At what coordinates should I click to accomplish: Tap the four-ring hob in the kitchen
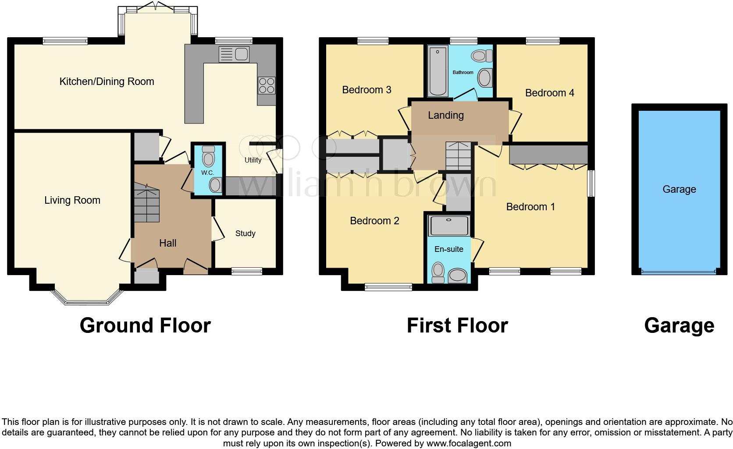tap(267, 85)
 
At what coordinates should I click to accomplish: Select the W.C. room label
tap(208, 173)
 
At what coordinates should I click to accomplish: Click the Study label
tap(245, 233)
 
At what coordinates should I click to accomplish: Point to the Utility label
tap(253, 160)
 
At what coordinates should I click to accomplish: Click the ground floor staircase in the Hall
tap(146, 203)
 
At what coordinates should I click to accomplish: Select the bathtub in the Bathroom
tap(438, 71)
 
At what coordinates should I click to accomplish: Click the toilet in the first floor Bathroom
tap(481, 56)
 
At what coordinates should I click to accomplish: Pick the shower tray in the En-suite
tap(449, 225)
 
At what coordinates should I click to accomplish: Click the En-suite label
tap(448, 249)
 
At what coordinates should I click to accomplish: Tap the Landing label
tap(445, 115)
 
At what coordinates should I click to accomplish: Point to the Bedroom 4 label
tap(549, 93)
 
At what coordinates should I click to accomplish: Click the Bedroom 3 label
tap(366, 90)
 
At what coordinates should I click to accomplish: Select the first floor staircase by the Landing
tap(458, 156)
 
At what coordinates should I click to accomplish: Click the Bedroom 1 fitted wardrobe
tap(548, 155)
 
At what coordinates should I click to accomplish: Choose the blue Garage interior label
tap(679, 189)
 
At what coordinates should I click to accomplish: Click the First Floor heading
tap(457, 325)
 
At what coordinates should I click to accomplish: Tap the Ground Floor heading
tap(145, 325)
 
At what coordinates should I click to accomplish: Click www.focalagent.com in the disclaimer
tap(468, 443)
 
